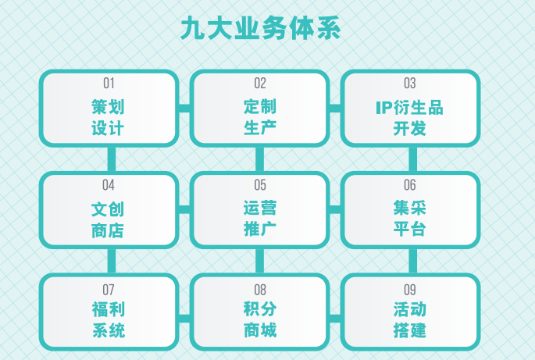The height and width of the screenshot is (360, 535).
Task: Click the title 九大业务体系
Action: coord(261,28)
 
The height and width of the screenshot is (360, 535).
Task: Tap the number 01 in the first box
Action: coord(109,84)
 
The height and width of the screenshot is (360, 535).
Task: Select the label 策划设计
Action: coord(108,117)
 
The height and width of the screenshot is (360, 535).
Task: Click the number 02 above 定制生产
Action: coord(260,84)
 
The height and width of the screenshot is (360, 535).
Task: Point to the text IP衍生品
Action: coord(409,108)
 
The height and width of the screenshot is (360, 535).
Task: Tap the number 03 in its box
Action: coord(410,84)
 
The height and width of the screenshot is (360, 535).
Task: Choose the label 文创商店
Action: coord(108,219)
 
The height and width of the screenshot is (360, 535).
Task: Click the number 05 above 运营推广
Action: coord(260,185)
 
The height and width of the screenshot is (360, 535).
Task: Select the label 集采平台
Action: coord(410,218)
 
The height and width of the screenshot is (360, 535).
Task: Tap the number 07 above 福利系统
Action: coord(109,290)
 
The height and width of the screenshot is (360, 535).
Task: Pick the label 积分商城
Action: coord(260,319)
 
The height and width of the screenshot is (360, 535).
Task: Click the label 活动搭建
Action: coord(410,319)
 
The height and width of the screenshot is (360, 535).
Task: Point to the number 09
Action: coord(410,290)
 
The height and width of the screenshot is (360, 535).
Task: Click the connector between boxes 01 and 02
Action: coord(184,109)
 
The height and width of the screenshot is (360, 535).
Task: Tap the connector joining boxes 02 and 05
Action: coord(259,159)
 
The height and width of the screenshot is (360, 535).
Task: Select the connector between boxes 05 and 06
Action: coord(335,209)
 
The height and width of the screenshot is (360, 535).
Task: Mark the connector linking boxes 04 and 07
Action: coord(112,261)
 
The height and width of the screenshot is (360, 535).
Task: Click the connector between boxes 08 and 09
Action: coord(335,319)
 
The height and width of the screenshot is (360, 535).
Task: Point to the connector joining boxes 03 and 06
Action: coord(413,159)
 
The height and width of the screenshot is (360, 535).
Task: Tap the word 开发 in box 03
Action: coord(410,129)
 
